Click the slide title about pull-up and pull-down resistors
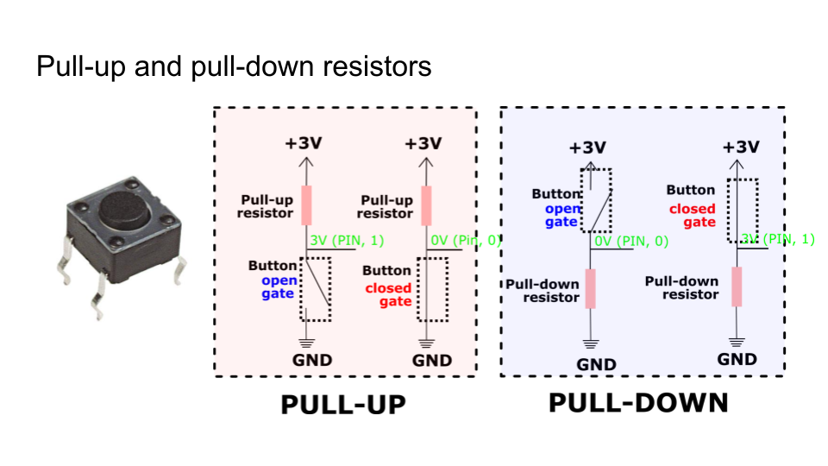coord(234,66)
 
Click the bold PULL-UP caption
coord(342,406)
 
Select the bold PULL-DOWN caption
coord(638,403)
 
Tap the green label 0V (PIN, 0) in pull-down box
coord(631,242)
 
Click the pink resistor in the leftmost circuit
coord(305,205)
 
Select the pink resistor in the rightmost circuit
coord(737,287)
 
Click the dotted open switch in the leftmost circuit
coord(316,289)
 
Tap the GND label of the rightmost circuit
coord(737,359)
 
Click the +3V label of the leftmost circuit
coord(303,142)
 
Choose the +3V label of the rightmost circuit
coord(740,147)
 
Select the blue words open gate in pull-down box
coord(561,215)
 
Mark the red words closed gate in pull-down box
coord(693,215)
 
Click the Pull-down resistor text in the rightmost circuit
coord(681,287)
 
